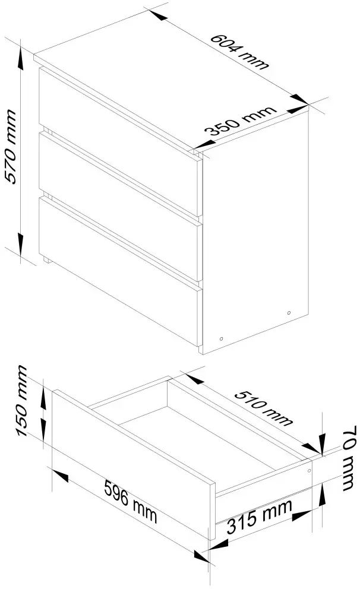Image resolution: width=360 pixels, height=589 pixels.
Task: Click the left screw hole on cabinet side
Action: (221, 337)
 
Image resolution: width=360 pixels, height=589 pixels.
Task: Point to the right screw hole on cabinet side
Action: (289, 312)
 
